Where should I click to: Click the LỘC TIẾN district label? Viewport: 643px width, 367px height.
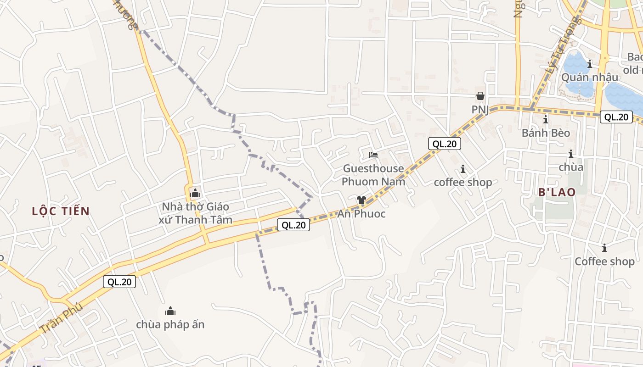61,211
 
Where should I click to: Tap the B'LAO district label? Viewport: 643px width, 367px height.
557,192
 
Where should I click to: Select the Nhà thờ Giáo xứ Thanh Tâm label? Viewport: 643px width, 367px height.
195,213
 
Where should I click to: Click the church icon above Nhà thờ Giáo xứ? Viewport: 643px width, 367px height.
195,193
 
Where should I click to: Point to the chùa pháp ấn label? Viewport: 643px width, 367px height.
170,324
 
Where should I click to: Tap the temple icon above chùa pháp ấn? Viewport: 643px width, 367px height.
170,311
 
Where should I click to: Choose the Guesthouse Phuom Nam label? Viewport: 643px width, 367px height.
373,175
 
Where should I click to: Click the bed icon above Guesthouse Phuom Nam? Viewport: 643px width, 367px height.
373,155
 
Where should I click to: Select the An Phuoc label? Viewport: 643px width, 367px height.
361,214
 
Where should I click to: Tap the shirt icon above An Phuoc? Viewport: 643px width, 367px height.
361,200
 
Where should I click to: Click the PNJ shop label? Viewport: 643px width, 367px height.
480,110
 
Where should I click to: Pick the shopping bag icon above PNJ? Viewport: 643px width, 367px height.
480,96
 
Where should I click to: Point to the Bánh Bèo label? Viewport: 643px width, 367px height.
546,133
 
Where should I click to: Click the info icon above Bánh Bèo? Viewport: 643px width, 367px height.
546,120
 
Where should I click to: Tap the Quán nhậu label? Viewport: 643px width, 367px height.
590,77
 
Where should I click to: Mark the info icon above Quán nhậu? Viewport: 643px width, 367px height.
590,64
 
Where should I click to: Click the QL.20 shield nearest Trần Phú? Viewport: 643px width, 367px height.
119,282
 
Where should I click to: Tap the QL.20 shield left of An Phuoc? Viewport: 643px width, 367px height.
293,225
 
